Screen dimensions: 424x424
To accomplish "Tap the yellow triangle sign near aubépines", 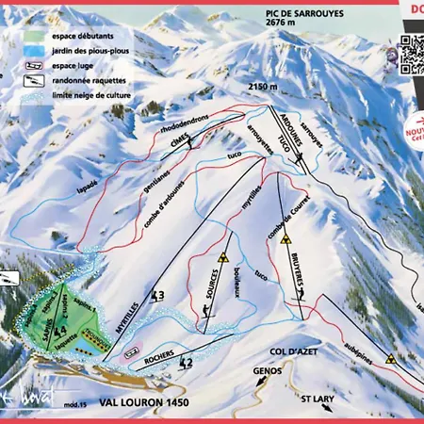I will (388, 358).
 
